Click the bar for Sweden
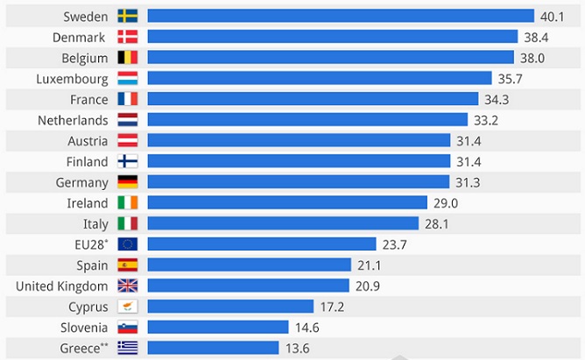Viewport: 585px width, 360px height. pos(340,16)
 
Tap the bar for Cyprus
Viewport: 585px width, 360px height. pos(229,307)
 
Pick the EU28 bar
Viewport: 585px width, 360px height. pos(261,244)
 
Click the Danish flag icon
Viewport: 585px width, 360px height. pos(127,37)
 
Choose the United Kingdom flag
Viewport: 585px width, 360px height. pos(127,286)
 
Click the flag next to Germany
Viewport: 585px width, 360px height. pos(127,182)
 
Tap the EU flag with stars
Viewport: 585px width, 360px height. pos(127,244)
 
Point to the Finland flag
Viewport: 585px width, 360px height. pos(127,161)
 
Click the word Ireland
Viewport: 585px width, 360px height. pos(88,202)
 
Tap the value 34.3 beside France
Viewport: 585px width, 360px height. pos(497,99)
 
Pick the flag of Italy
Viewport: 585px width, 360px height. pos(127,223)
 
